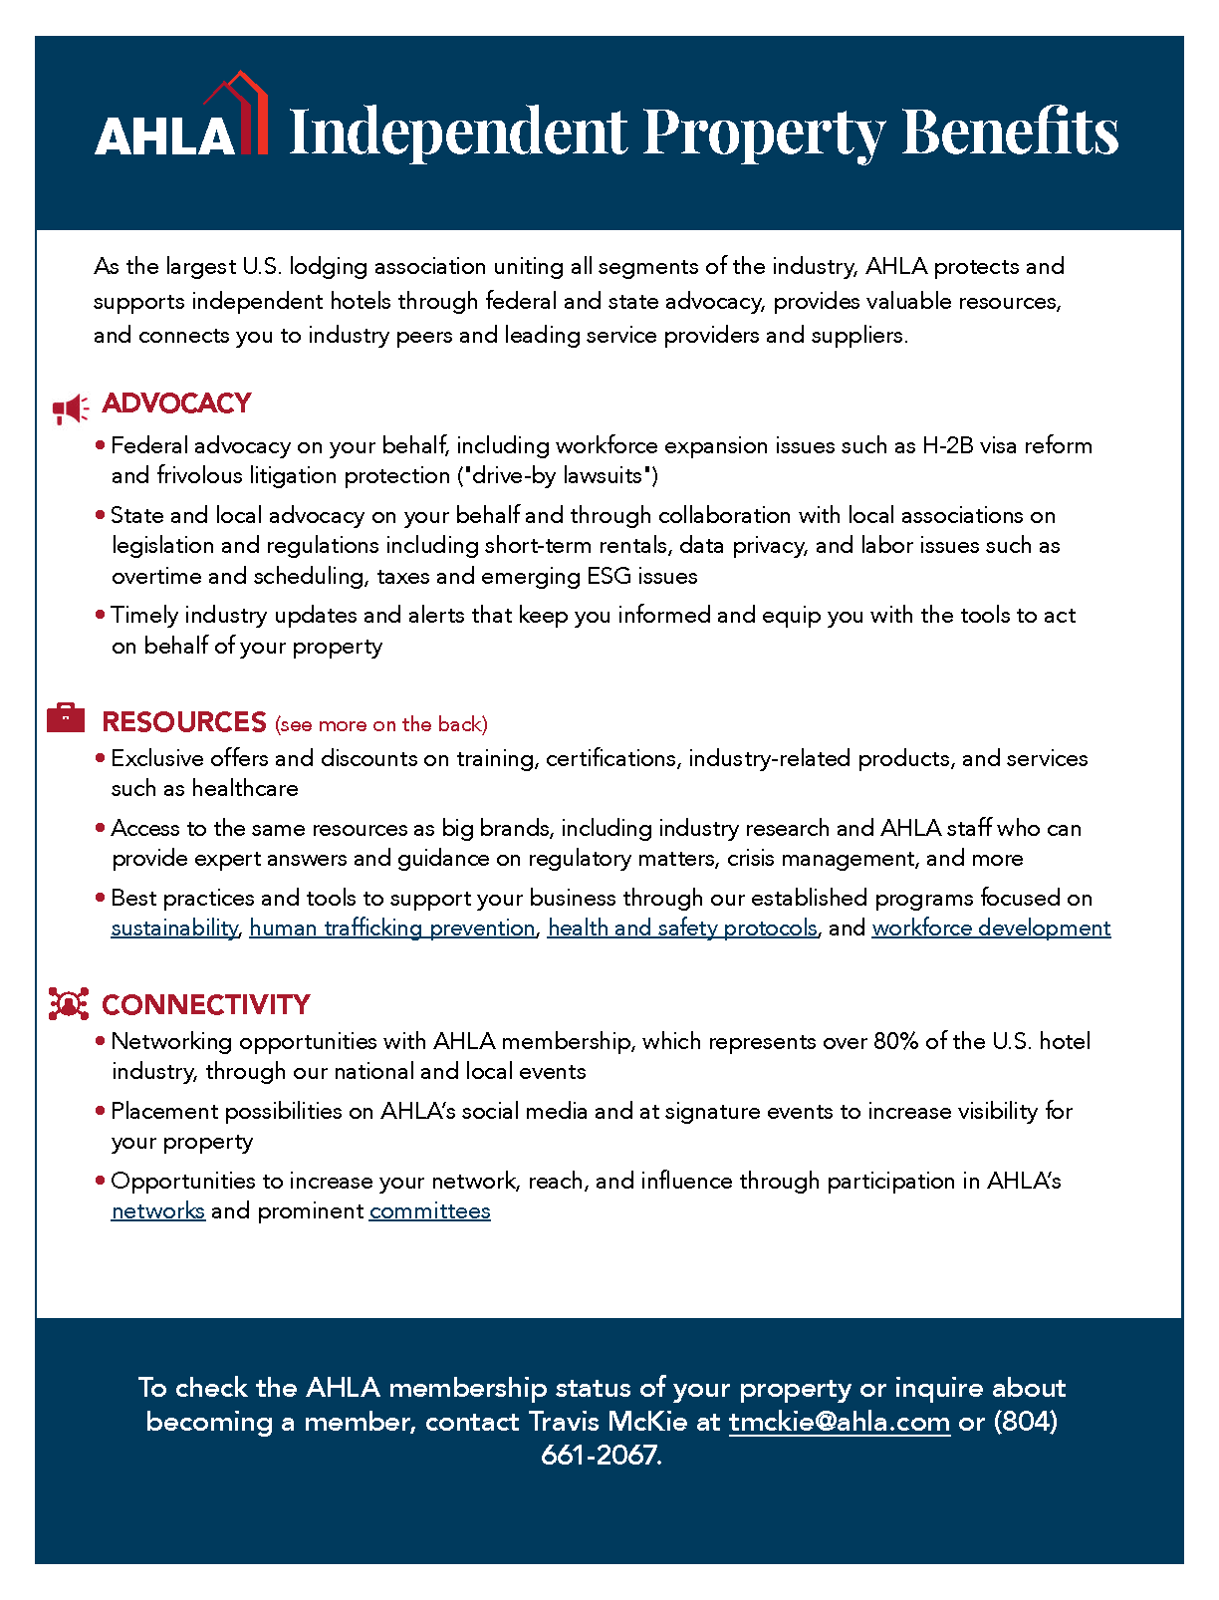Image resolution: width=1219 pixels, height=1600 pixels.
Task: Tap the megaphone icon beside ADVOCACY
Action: (70, 408)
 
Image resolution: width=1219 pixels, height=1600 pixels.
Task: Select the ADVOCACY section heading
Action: (176, 403)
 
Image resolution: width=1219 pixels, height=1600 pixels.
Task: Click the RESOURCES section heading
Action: (184, 722)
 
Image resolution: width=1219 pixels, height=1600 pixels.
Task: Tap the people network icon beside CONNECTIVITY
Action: (68, 1003)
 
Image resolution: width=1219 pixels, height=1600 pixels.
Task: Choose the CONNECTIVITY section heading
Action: (206, 1004)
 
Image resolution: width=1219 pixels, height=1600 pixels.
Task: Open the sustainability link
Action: (174, 929)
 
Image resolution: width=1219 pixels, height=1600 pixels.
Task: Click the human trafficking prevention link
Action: (392, 929)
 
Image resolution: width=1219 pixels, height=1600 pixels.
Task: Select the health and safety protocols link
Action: (682, 929)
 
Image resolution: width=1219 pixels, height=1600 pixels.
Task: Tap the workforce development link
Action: (991, 929)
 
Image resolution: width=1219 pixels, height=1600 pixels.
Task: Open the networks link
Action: (158, 1211)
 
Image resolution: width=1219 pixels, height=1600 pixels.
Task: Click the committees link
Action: (430, 1211)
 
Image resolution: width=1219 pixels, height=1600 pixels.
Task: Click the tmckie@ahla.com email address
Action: (840, 1422)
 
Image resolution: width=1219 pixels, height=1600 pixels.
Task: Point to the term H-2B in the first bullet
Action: (948, 446)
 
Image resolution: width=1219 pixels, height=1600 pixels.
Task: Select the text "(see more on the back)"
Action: (381, 724)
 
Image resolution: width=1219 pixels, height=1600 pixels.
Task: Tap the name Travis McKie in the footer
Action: (608, 1422)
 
